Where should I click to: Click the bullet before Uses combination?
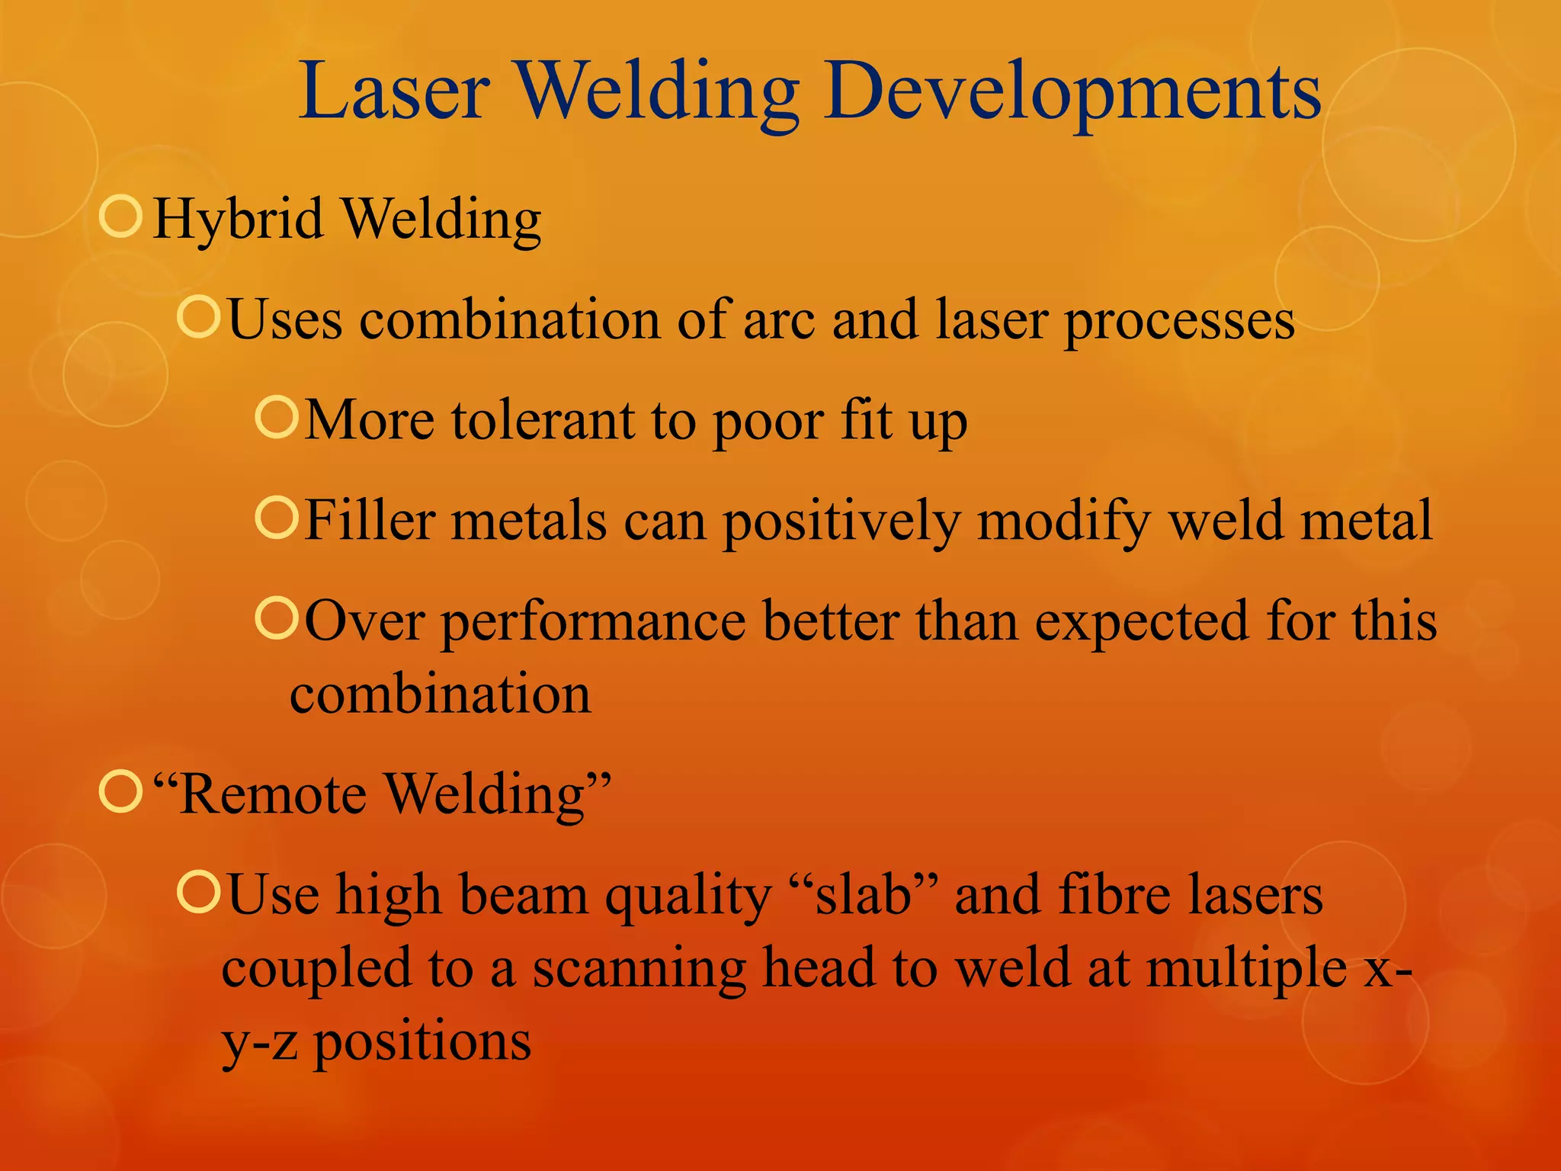click(x=198, y=316)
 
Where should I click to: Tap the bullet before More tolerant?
click(x=275, y=417)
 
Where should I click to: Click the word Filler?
click(x=369, y=521)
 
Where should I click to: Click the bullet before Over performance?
click(x=275, y=618)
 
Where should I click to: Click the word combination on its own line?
click(x=440, y=695)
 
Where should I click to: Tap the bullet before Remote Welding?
click(x=121, y=792)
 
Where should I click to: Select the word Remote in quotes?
click(x=273, y=794)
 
